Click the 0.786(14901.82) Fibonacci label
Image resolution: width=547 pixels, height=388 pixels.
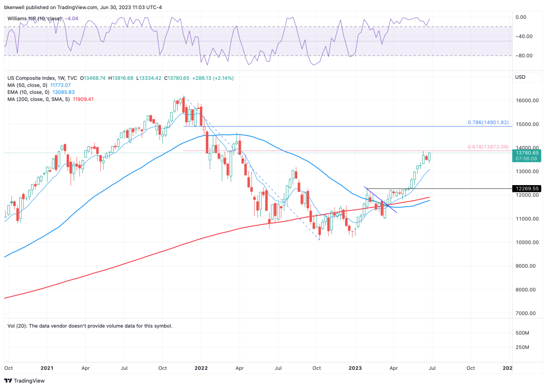488,123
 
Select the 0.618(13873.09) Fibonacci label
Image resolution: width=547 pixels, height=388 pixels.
488,147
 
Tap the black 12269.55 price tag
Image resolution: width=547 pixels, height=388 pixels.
527,188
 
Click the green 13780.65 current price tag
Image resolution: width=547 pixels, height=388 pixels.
527,153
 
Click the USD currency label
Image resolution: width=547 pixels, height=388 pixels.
520,78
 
